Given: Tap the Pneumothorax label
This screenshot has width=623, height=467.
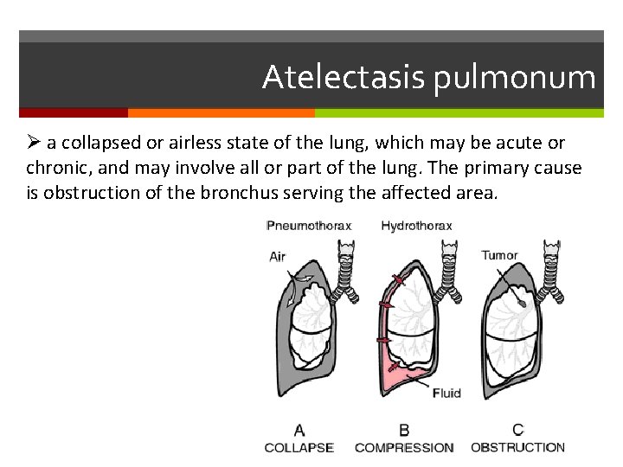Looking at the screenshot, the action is coord(309,226).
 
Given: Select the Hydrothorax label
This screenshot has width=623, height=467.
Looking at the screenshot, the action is coord(416,226).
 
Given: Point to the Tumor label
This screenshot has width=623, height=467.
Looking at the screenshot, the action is coord(499,255).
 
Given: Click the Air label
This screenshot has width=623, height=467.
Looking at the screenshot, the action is coord(277,256).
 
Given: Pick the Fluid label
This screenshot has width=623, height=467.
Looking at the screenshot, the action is coord(446,393).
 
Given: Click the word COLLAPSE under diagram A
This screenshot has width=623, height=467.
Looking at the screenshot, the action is coord(299,447).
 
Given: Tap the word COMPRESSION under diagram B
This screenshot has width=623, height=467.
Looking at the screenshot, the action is coord(404,447).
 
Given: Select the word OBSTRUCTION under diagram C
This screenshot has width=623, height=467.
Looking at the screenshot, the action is coord(517,447).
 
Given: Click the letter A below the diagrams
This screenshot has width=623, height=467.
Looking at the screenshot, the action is coord(299,430).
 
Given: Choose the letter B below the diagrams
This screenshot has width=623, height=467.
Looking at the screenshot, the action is coord(404,430).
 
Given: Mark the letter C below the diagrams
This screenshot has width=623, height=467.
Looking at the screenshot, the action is coord(517,430).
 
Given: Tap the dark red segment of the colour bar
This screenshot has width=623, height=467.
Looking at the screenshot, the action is coord(73,112).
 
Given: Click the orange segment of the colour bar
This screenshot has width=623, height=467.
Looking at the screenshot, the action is coord(221,112).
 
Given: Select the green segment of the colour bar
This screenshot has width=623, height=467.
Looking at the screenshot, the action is coord(459,112).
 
